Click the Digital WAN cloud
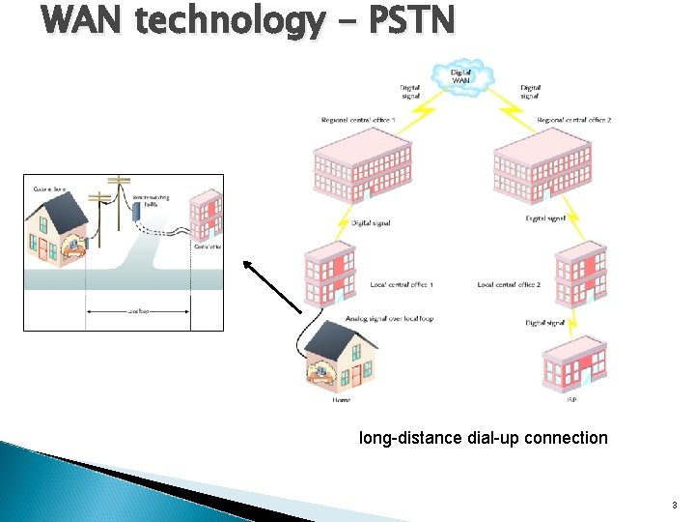point(462,76)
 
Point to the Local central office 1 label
point(401,285)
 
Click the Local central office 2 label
point(509,285)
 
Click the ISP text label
point(571,400)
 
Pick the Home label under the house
point(341,400)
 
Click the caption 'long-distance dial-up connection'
point(483,438)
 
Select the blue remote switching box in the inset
point(137,215)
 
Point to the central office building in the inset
point(206,217)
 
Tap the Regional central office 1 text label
point(359,120)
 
